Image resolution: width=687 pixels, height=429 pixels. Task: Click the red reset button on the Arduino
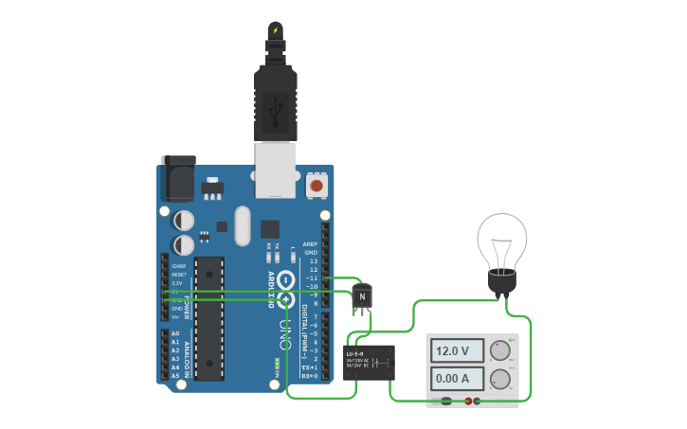point(316,186)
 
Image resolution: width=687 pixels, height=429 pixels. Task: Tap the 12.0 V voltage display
point(452,350)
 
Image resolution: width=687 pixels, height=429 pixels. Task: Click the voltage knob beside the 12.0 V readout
point(499,350)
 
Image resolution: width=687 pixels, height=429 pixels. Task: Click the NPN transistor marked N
point(362,297)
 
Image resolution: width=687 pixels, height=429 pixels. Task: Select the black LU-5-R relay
point(369,362)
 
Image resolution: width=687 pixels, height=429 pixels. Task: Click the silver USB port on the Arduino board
point(276,169)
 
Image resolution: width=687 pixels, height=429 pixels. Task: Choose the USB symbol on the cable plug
point(276,111)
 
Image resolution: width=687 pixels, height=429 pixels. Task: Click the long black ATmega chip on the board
point(208,318)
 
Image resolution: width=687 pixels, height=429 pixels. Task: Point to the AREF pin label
point(310,244)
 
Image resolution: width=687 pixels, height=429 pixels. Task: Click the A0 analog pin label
point(175,333)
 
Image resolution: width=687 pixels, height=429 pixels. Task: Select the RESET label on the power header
point(179,275)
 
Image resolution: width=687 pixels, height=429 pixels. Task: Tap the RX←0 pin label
point(309,376)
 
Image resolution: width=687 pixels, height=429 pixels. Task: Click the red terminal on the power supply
point(468,402)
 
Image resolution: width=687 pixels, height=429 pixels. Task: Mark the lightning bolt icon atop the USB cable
point(276,30)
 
